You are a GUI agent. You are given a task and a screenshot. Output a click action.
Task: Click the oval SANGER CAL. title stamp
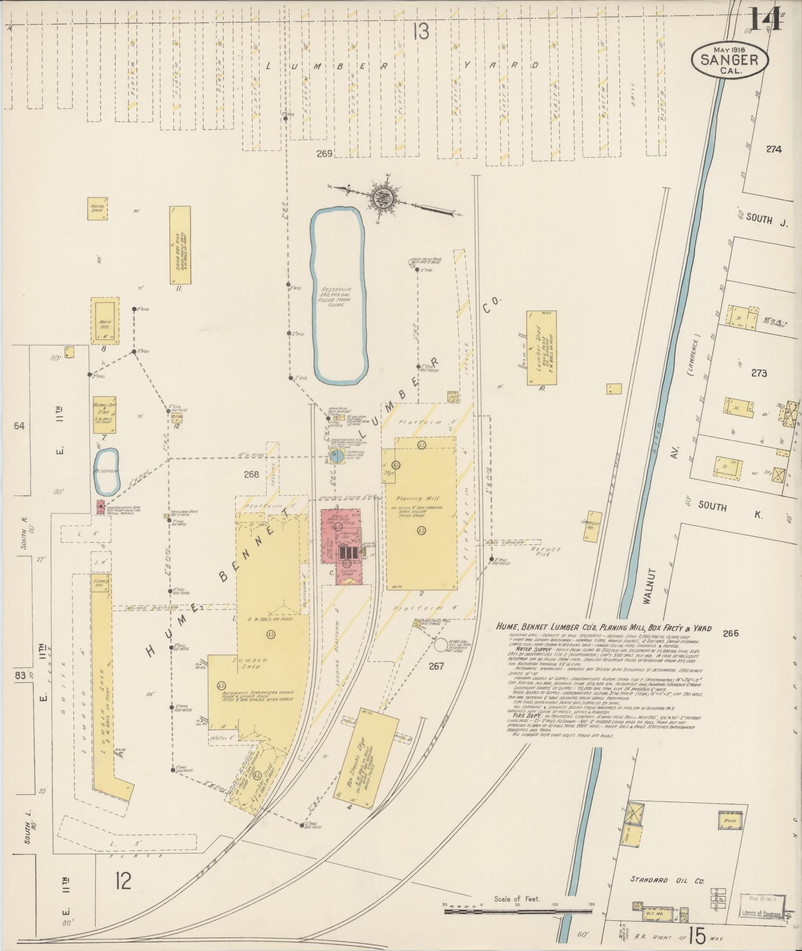click(729, 59)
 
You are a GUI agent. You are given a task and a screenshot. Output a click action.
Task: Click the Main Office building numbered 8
click(104, 321)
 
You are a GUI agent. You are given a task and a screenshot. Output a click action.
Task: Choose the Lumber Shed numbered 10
click(541, 347)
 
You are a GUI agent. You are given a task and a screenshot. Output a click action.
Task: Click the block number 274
click(774, 149)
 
